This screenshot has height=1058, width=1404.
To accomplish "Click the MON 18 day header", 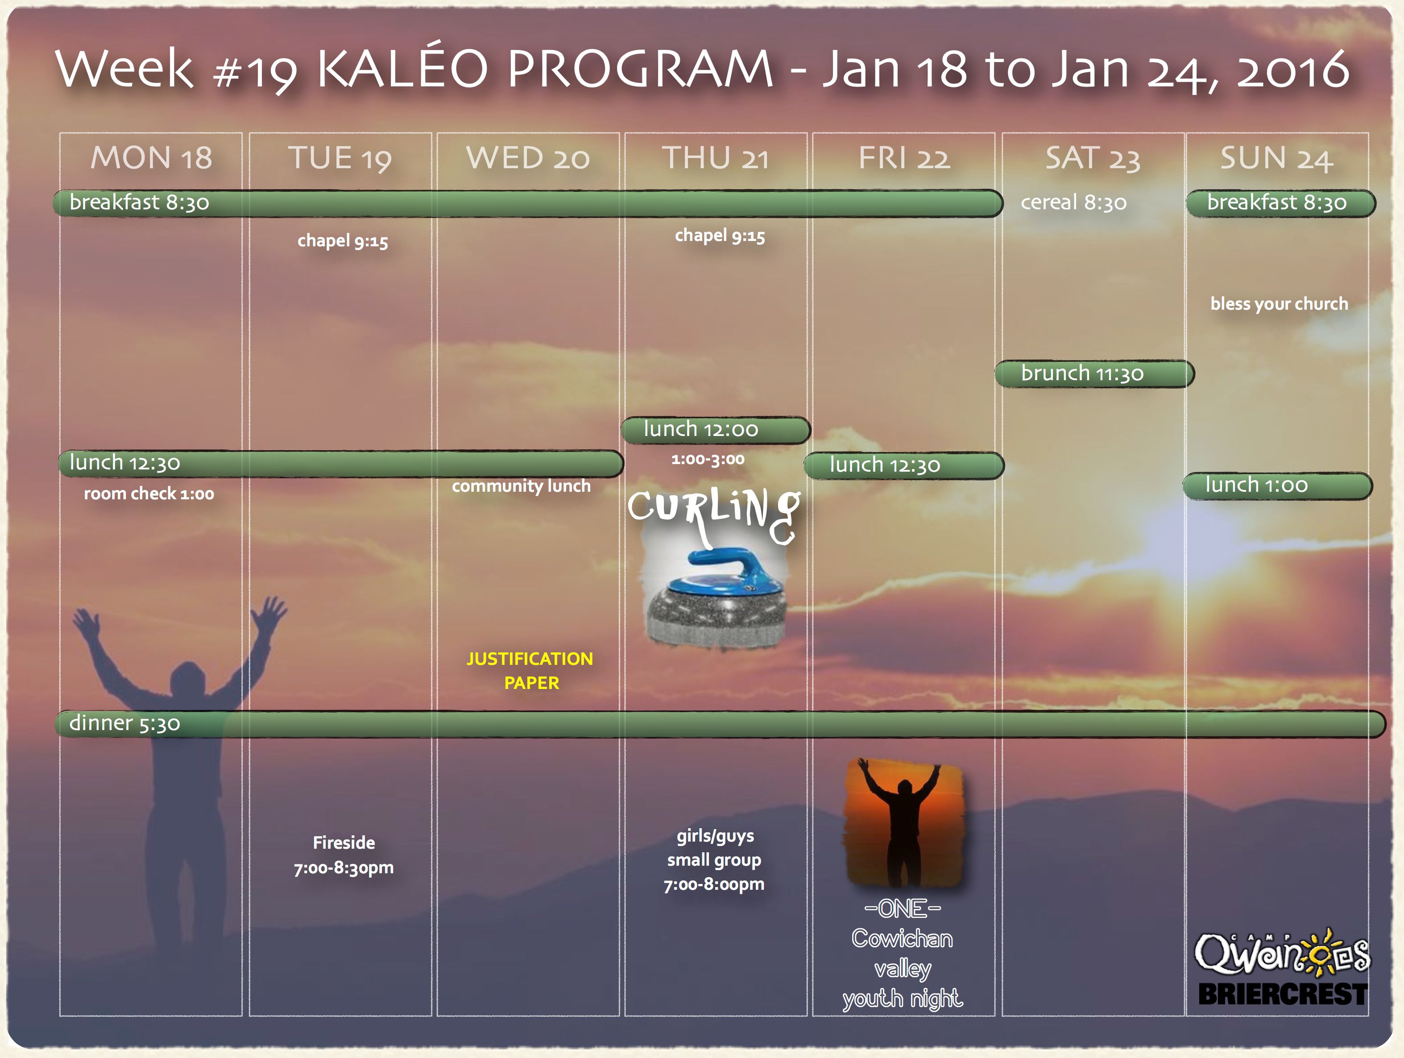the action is click(151, 158).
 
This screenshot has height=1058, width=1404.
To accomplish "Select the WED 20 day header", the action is click(528, 158).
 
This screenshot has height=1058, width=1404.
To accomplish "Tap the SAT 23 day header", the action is click(1093, 158).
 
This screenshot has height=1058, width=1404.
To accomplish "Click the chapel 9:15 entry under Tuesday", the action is click(343, 241).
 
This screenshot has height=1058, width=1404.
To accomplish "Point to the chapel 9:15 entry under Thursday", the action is click(720, 236).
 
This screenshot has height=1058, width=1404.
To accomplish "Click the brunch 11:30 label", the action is click(1082, 373).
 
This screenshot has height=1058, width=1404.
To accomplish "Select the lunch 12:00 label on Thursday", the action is click(701, 429).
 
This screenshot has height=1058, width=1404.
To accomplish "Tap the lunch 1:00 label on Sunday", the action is click(1257, 485).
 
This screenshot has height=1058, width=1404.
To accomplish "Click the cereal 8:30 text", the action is click(1074, 203).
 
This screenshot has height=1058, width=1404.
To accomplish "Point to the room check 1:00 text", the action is click(149, 494).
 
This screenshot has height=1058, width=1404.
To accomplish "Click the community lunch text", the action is click(521, 486).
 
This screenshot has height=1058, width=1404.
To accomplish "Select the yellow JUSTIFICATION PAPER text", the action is click(530, 671).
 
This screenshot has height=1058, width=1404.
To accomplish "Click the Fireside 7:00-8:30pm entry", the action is click(344, 855).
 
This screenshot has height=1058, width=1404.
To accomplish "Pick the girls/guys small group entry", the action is click(714, 860).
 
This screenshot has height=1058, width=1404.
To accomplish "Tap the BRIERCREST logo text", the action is click(1282, 994).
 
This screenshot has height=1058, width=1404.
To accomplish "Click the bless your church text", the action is click(1279, 304).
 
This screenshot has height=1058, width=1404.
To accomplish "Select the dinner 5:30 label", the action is click(124, 723).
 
